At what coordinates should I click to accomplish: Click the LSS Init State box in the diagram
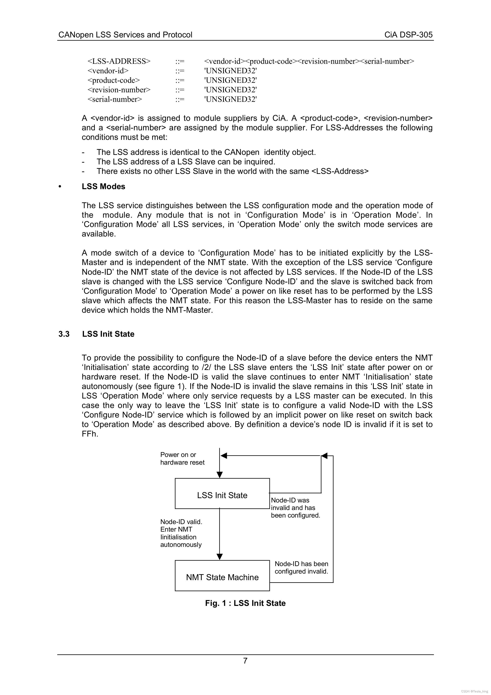(x=222, y=495)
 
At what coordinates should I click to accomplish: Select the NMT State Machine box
(x=222, y=577)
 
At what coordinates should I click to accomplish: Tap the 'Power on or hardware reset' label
(x=182, y=458)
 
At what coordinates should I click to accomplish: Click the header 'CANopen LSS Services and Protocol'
(x=125, y=35)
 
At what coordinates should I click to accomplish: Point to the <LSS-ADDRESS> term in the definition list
(x=119, y=61)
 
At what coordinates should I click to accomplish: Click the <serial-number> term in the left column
(x=115, y=99)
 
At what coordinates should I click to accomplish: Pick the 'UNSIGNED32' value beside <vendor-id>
(x=230, y=71)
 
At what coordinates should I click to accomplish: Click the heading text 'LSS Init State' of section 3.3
(x=108, y=334)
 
